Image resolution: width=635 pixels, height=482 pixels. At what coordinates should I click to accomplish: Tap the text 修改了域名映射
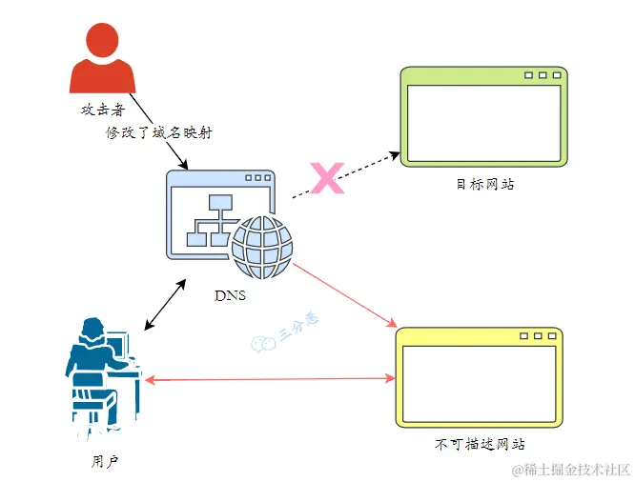tap(157, 133)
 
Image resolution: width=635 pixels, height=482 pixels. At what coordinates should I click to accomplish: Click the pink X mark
tap(328, 178)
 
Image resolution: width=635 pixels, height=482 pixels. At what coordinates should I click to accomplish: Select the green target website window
tap(483, 117)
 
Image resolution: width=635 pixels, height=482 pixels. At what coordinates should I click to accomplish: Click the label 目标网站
tap(484, 185)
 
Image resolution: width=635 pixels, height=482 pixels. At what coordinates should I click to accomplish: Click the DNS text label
tap(230, 295)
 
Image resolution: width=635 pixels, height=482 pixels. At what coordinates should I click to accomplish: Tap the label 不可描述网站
tap(480, 445)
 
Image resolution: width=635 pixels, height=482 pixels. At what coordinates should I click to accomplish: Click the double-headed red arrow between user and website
tap(270, 379)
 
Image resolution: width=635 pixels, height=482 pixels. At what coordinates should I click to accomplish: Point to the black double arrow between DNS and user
tap(165, 305)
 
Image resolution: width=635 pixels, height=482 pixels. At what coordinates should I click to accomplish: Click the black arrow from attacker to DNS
tap(160, 134)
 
